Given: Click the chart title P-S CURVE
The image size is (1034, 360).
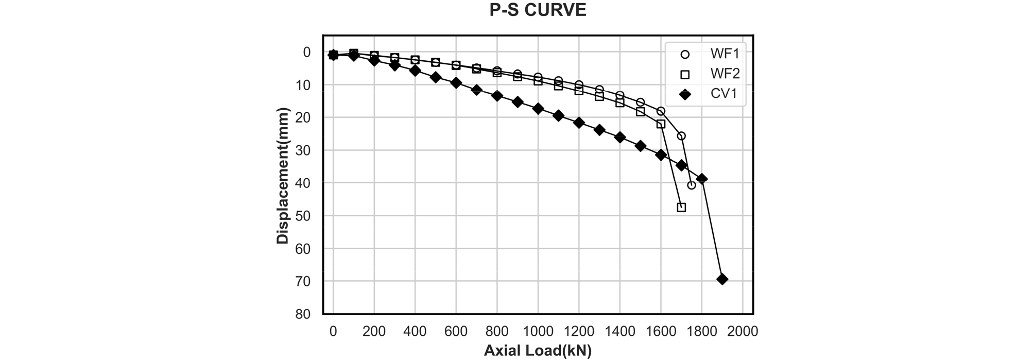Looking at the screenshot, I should pyautogui.click(x=538, y=10).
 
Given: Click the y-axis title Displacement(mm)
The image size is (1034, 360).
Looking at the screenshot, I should pyautogui.click(x=283, y=176).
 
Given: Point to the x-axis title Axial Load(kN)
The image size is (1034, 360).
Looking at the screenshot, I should pyautogui.click(x=538, y=351).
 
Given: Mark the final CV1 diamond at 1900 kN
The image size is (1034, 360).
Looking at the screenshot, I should pyautogui.click(x=722, y=279).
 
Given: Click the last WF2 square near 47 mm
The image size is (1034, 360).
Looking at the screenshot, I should pyautogui.click(x=681, y=208).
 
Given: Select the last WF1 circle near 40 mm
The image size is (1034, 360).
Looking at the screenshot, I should pyautogui.click(x=692, y=185).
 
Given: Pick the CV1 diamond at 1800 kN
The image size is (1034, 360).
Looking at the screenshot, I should pyautogui.click(x=702, y=179).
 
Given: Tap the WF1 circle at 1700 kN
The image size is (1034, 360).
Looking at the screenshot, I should pyautogui.click(x=681, y=136).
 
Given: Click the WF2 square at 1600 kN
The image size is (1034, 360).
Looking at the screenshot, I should pyautogui.click(x=661, y=124).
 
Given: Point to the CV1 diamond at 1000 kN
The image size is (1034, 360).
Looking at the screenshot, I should pyautogui.click(x=538, y=109).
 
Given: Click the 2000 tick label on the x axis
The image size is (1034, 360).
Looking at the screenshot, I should pyautogui.click(x=742, y=332).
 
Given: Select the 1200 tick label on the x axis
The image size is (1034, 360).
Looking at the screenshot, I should pyautogui.click(x=579, y=332).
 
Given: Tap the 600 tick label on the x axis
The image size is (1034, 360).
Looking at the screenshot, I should pyautogui.click(x=456, y=332).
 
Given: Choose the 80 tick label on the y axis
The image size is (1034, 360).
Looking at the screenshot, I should pyautogui.click(x=304, y=314).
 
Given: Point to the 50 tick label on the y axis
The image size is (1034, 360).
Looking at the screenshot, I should pyautogui.click(x=304, y=216).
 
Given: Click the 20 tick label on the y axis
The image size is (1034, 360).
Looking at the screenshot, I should pyautogui.click(x=304, y=117).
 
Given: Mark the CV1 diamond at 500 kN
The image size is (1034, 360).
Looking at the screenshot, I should pyautogui.click(x=436, y=77).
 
